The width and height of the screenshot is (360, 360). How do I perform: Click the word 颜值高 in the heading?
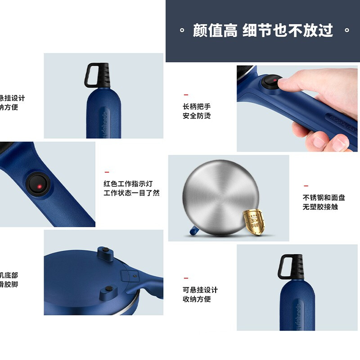tap(215, 31)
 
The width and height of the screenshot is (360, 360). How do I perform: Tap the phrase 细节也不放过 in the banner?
tap(288, 31)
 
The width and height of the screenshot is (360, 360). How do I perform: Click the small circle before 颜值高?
tap(182, 31)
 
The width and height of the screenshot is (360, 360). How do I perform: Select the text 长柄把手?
tap(197, 107)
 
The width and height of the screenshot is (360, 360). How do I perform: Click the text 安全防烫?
tap(197, 116)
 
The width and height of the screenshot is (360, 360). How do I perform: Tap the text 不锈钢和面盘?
tap(324, 198)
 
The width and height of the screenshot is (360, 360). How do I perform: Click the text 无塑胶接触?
tap(320, 207)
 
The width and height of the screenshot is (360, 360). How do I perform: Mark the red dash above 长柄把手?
tap(186, 95)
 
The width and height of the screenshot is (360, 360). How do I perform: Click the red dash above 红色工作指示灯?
tap(107, 172)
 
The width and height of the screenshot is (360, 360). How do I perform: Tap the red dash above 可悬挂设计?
tap(186, 278)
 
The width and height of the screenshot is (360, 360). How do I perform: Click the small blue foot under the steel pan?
tap(192, 231)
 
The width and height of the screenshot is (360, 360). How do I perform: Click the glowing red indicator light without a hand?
tap(39, 186)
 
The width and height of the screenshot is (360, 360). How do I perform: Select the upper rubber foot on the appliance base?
tap(104, 250)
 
